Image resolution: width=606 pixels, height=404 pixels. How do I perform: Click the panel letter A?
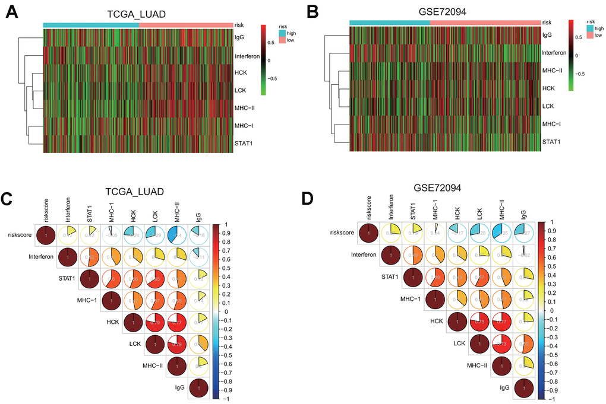(11, 12)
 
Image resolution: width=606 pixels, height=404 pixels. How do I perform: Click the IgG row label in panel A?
(240, 37)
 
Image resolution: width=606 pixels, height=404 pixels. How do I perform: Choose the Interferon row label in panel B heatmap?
(557, 53)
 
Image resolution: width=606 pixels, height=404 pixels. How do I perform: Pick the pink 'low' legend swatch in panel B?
(591, 36)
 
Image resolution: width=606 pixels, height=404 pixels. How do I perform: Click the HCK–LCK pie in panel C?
(154, 323)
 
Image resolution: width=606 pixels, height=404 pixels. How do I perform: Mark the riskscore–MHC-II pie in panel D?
(503, 233)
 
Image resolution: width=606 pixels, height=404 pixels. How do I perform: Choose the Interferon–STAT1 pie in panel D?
(413, 256)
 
